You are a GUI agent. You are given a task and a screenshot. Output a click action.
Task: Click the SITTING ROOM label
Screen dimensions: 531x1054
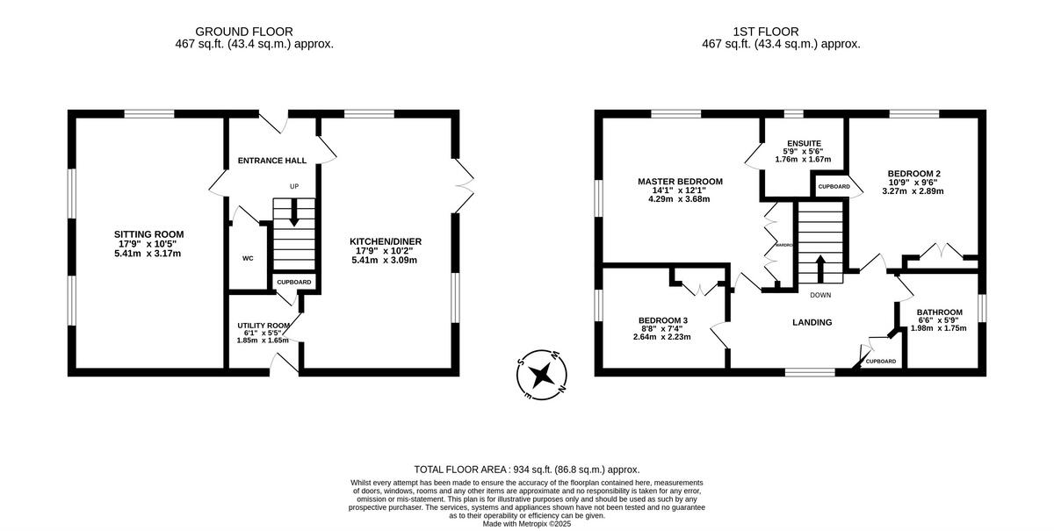(148, 233)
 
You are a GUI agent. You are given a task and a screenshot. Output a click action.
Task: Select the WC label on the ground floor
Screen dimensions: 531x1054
(248, 259)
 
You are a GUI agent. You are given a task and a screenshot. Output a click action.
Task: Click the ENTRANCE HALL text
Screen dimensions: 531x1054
(272, 161)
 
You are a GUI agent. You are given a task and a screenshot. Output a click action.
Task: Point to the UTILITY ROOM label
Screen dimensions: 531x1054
(263, 325)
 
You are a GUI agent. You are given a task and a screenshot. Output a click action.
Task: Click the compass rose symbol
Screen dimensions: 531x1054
(544, 375)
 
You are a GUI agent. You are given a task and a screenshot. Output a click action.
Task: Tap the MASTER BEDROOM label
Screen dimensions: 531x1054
(680, 182)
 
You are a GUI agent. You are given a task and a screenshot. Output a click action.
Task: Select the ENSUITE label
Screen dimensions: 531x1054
(804, 143)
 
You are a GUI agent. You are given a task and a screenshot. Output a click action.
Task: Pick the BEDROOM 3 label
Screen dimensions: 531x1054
(663, 319)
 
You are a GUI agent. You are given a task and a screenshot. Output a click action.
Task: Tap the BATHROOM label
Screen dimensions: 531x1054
(939, 312)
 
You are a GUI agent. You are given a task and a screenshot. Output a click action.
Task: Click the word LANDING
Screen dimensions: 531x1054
(812, 322)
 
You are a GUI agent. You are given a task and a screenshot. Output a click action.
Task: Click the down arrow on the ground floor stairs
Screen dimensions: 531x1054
(293, 212)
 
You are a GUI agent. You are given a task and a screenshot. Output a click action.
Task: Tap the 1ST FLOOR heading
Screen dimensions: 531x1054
(781, 32)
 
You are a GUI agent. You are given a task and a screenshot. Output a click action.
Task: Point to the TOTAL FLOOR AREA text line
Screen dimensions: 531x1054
(527, 470)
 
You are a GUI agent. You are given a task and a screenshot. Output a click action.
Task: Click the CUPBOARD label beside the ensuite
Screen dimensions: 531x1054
(834, 187)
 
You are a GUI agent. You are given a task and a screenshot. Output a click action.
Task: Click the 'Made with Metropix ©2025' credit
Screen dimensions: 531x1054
(527, 523)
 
